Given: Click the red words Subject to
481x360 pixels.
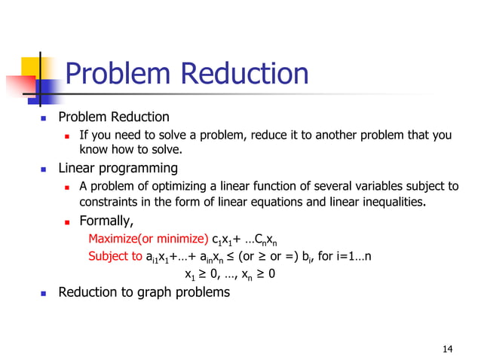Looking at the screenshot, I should tap(115, 256).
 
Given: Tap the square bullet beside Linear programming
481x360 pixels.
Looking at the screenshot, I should tap(44, 169).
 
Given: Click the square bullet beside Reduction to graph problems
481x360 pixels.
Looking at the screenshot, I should tap(44, 293).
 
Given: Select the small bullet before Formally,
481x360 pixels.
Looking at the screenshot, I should tap(68, 222).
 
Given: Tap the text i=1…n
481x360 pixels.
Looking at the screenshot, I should tap(352, 256).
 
